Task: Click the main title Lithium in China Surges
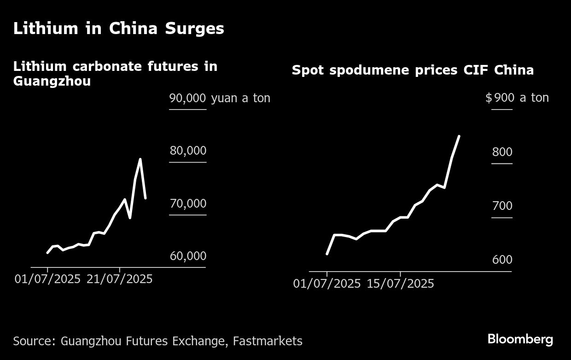(x=118, y=29)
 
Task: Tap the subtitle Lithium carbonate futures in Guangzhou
(x=115, y=74)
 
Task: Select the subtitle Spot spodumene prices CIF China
(x=413, y=70)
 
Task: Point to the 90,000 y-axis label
(x=188, y=98)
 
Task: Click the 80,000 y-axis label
(x=188, y=151)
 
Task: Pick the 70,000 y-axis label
(x=188, y=203)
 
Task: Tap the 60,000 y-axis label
(x=188, y=256)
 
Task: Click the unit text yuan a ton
(x=240, y=98)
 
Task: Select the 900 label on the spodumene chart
(x=504, y=98)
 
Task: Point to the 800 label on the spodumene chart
(x=502, y=152)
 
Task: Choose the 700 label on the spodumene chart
(x=502, y=206)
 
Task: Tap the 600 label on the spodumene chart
(x=502, y=260)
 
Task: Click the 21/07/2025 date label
(x=119, y=279)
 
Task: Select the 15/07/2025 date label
(x=400, y=284)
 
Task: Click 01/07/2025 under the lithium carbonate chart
(x=47, y=279)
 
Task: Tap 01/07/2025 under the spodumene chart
(x=327, y=284)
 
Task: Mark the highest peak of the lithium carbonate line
(x=140, y=159)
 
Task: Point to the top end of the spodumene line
(x=459, y=136)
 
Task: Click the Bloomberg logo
(x=520, y=340)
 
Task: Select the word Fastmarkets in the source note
(x=268, y=341)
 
